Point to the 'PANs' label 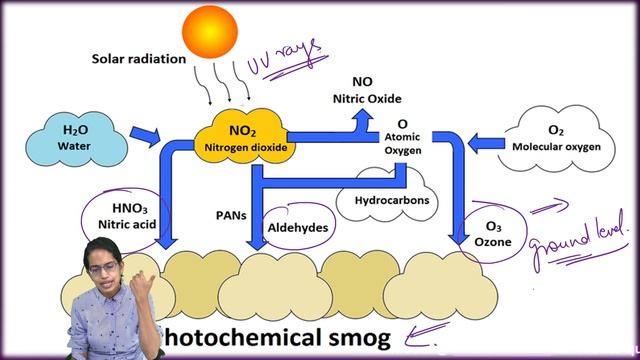pos(230,214)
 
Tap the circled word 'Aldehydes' pos(298,228)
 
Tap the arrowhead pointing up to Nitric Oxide pos(358,117)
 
